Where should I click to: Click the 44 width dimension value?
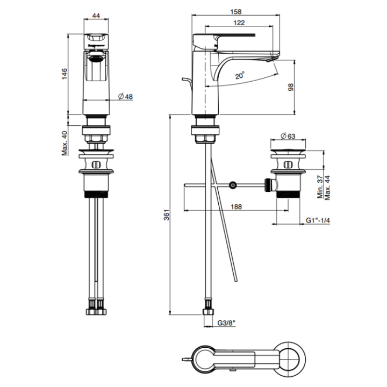point(96,16)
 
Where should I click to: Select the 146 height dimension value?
point(64,74)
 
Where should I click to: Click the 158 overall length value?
point(236,11)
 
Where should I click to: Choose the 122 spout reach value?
point(240,23)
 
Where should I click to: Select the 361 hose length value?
point(166,216)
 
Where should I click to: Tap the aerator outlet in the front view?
point(95,56)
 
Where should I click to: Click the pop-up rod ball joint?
point(232,185)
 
